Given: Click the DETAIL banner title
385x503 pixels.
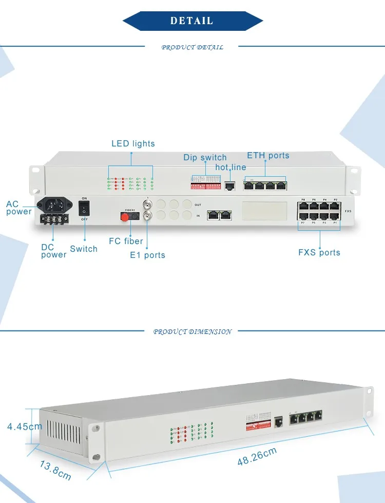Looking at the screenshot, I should [x=192, y=21].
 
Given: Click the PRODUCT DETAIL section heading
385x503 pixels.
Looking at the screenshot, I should [x=192, y=47].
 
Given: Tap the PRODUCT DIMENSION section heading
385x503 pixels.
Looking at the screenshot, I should [x=192, y=332].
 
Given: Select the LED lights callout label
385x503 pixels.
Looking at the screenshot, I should [x=133, y=144].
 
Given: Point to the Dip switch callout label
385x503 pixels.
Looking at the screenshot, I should [x=205, y=157].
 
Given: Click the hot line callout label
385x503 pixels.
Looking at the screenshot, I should [x=230, y=167].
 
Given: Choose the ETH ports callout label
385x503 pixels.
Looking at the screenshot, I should [x=268, y=155].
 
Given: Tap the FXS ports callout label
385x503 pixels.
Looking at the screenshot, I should [x=319, y=252].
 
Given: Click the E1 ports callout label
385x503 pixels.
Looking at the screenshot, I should [x=147, y=255].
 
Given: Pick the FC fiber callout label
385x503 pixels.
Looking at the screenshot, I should [x=126, y=241].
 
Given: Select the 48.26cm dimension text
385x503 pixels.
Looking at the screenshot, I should [x=257, y=456].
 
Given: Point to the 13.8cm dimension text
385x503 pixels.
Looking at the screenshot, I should [x=55, y=470].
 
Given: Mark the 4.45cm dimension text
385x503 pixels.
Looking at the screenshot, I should [x=24, y=426].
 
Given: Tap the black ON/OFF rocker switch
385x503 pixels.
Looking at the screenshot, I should [x=84, y=208].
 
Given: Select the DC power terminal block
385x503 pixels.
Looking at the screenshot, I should [x=54, y=219].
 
